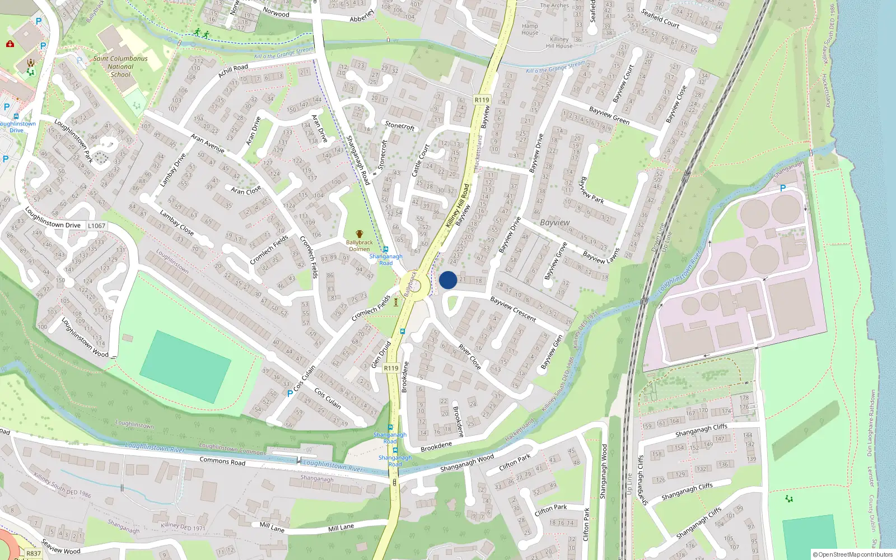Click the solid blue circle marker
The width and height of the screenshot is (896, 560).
point(448,280)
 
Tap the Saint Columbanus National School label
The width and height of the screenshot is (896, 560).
point(120,66)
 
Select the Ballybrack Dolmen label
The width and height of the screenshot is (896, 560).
point(360,245)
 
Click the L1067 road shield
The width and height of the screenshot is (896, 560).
point(96,226)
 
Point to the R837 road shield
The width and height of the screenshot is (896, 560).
point(34,553)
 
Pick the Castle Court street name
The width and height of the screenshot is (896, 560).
point(420,161)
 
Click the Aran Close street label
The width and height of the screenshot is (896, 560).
point(246,190)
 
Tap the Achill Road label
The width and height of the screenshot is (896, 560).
point(233,71)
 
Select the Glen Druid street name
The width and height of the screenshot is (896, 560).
point(381,354)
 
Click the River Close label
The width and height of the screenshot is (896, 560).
point(470,357)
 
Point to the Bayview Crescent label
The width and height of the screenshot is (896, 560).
point(513,309)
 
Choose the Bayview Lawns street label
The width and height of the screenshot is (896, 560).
point(601,256)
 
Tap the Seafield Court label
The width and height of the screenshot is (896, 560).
point(660,18)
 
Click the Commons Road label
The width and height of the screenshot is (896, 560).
point(222,461)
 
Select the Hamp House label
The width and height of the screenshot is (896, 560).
point(530,29)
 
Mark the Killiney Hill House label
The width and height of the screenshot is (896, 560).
point(559,43)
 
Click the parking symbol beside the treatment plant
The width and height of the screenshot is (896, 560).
point(783,188)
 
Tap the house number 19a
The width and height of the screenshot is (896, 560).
point(198,119)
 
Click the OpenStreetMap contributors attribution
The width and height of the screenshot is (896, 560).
point(853,554)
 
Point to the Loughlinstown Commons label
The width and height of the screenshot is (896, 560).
point(232,448)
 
